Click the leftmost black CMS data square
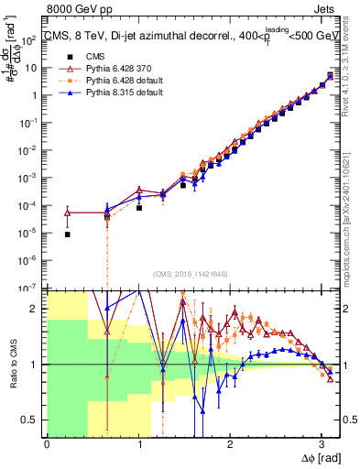[68, 234]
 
